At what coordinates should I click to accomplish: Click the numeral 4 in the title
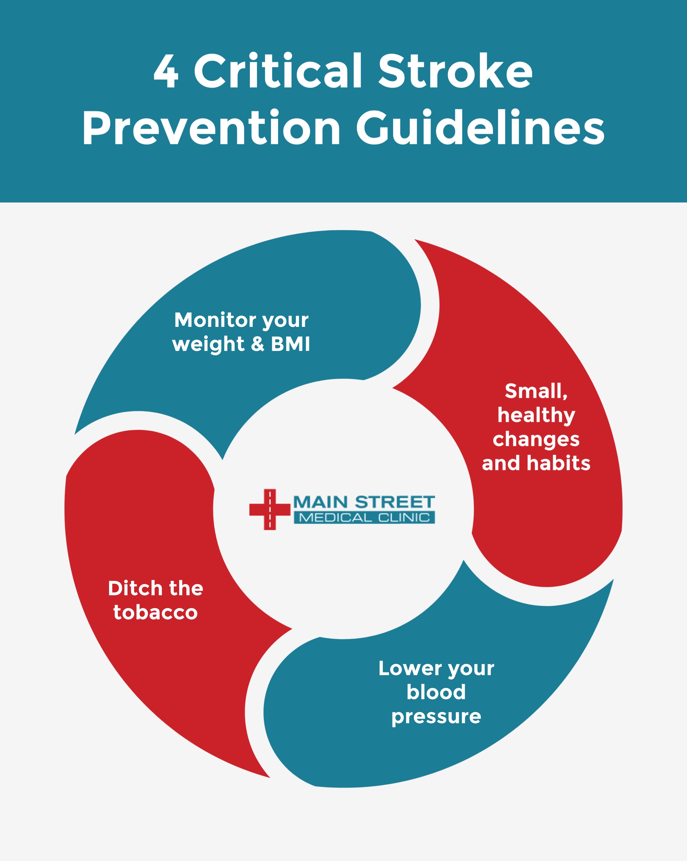coord(166,71)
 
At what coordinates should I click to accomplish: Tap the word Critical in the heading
coord(278,70)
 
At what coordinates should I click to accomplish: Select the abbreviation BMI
coord(290,344)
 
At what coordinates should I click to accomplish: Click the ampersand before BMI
coord(258,344)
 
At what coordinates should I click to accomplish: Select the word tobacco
coord(155,612)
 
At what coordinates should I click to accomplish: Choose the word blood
coord(436,692)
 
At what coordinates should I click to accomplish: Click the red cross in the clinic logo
coord(270,509)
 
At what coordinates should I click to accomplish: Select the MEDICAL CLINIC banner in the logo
coord(364,517)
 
